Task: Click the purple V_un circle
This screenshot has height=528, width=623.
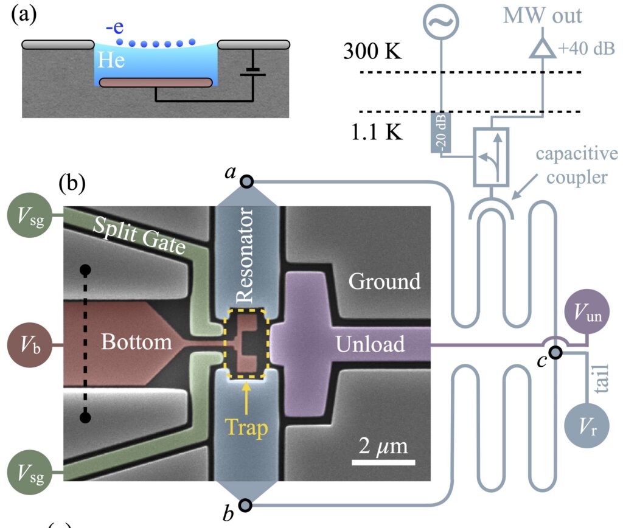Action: point(587,313)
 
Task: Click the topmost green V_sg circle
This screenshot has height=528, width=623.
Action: point(28,216)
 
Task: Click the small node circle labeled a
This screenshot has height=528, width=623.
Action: point(246,181)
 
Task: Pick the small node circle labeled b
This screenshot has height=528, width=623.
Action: point(246,504)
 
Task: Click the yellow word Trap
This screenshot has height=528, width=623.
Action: point(246,428)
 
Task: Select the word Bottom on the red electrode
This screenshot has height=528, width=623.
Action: point(136,342)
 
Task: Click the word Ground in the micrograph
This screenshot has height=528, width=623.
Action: point(385,281)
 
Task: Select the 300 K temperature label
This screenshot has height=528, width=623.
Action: point(372,52)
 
